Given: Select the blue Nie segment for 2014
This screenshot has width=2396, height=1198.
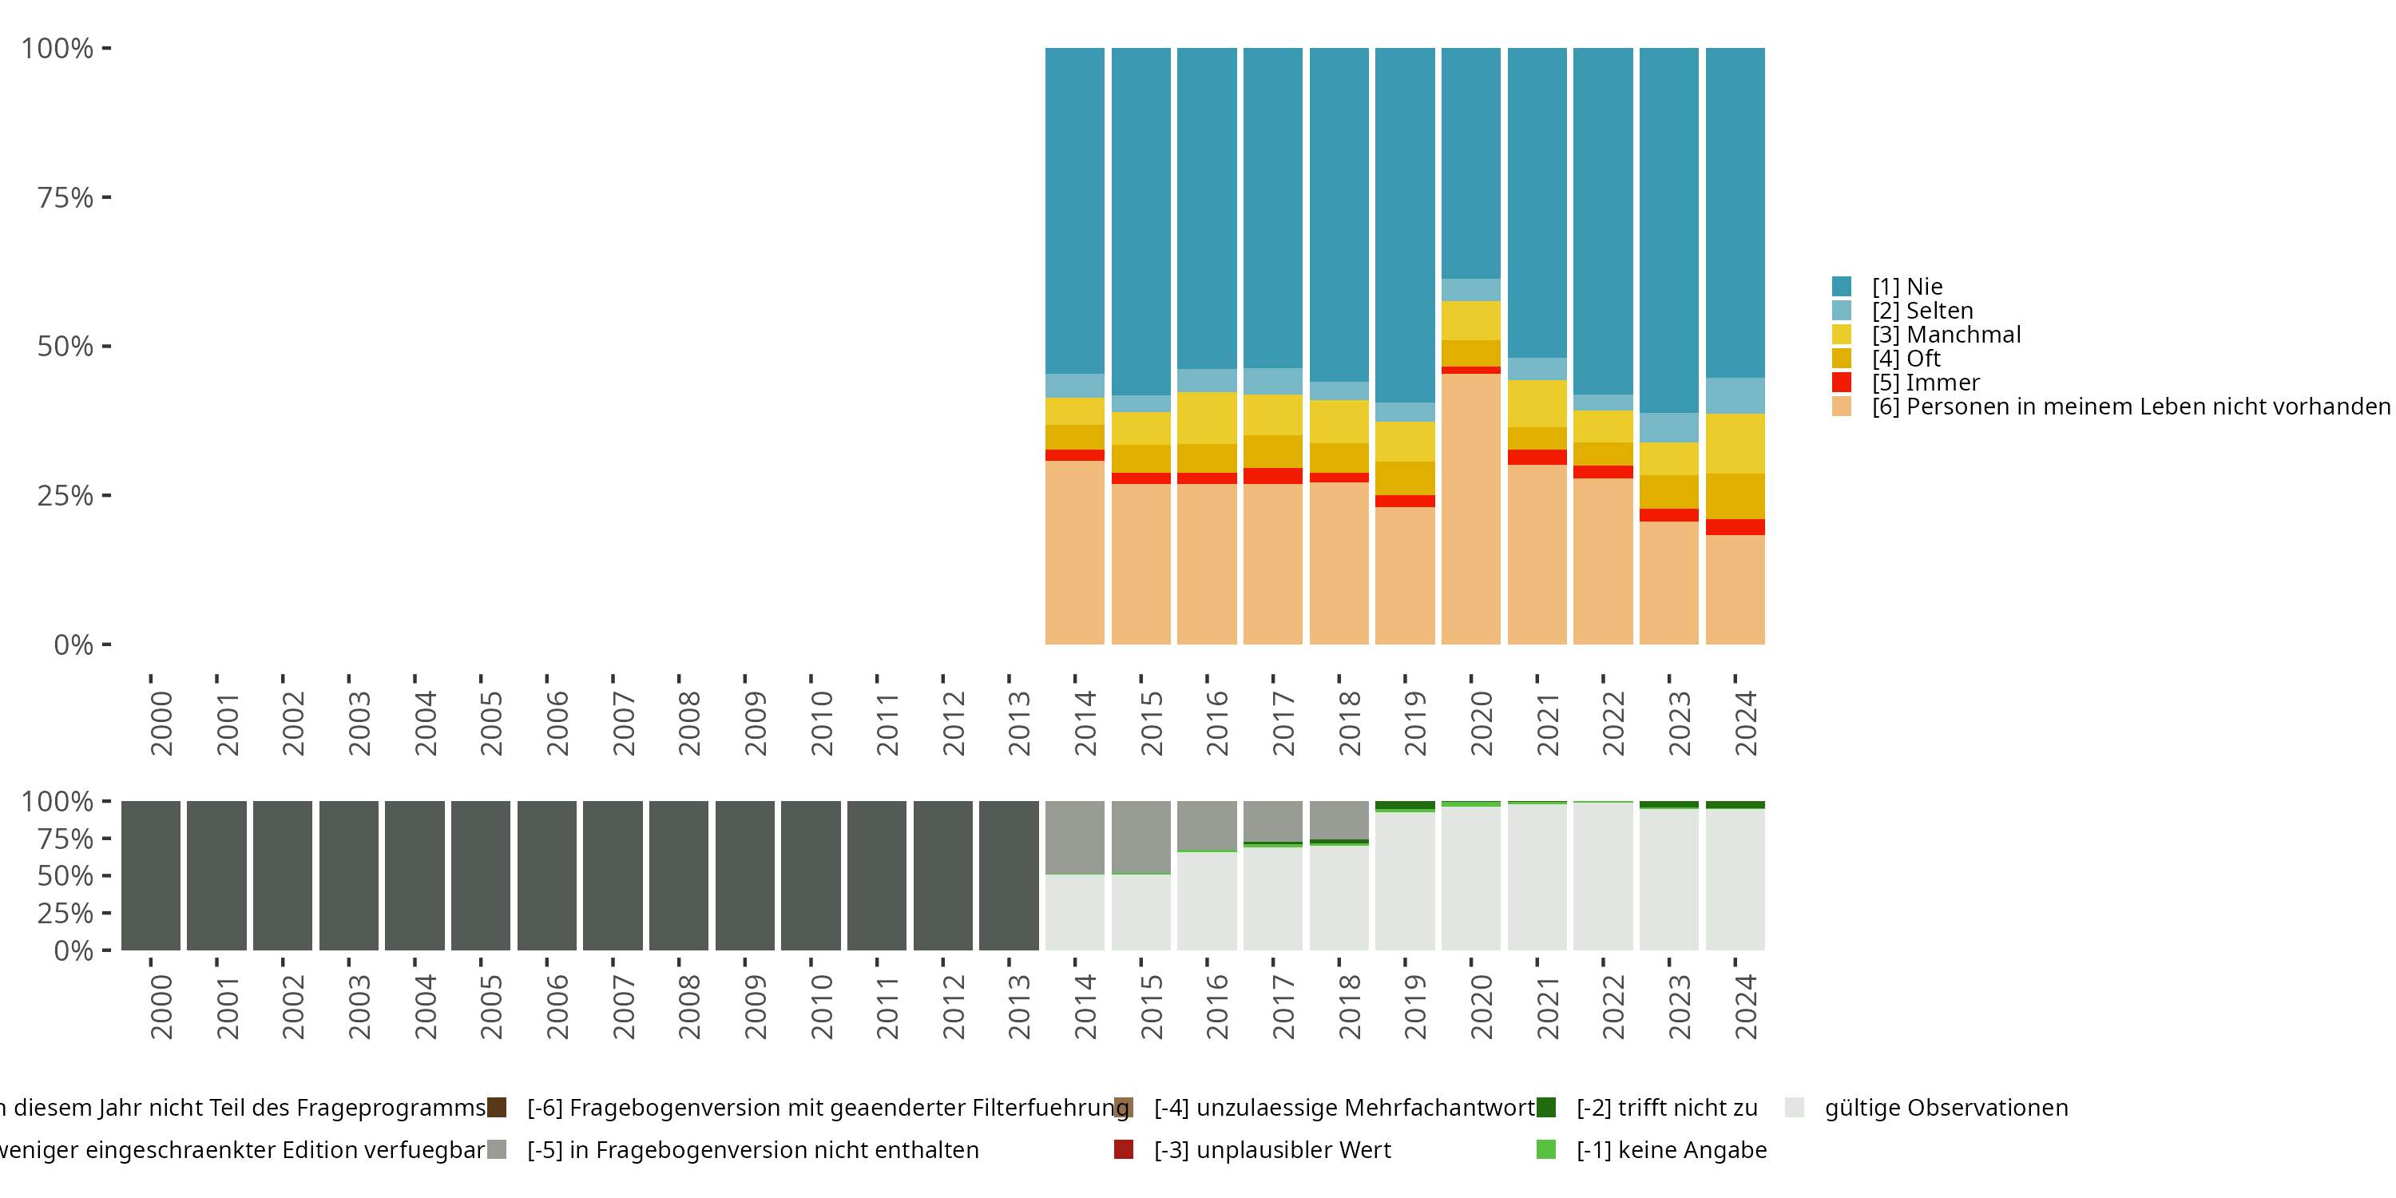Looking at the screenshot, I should click(1074, 210).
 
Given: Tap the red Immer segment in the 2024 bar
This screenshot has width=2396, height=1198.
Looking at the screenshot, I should click(1735, 526).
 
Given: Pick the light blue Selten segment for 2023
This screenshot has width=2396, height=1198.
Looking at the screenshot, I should click(1668, 427).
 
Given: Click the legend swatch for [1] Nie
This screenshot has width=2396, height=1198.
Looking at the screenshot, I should click(1842, 287).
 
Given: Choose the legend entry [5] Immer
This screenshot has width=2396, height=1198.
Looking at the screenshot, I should click(1926, 383).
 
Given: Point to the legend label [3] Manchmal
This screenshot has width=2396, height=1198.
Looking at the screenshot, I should click(1946, 335).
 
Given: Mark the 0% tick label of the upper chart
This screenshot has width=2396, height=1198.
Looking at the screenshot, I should click(73, 645).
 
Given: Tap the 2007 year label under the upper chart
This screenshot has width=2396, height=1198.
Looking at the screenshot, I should click(623, 724).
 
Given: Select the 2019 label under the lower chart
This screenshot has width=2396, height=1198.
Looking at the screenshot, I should click(1414, 1007).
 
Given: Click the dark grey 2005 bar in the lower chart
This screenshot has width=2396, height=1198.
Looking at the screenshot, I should click(481, 875).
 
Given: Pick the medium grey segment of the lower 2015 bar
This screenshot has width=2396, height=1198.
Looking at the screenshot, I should click(1140, 837).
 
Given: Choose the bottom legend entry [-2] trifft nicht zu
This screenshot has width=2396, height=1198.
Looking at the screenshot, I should click(1666, 1108).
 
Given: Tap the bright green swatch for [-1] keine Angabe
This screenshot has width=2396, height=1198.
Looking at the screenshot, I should click(1546, 1149).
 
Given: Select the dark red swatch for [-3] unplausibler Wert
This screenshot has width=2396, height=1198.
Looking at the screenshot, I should click(1124, 1149).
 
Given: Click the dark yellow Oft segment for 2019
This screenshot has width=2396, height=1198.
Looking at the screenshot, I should click(1405, 478).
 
